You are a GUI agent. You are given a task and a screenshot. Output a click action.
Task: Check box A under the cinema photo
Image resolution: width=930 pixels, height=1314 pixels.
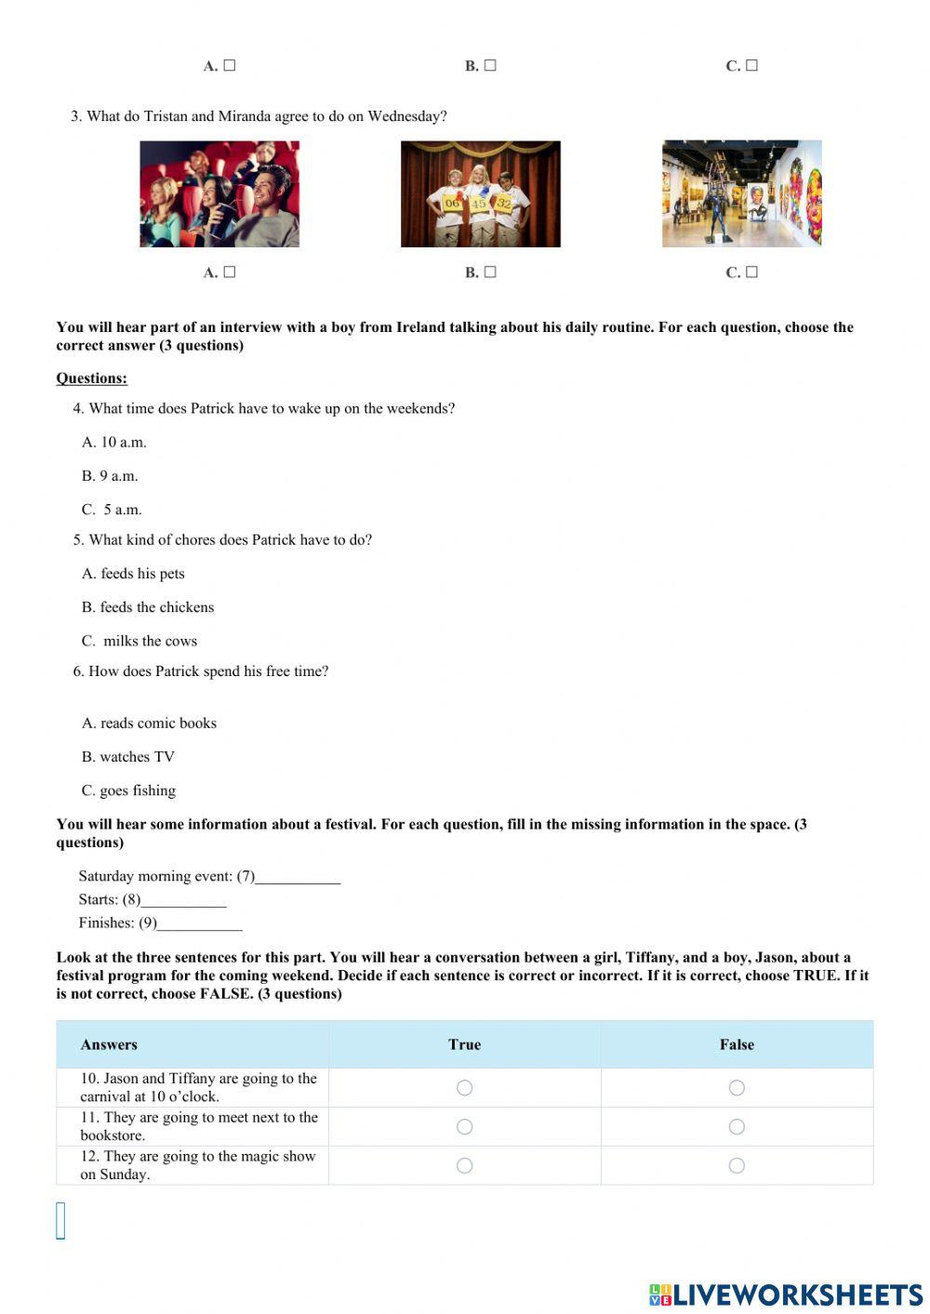pos(230,272)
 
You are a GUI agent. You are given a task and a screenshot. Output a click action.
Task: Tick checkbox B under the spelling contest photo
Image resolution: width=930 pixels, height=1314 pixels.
pos(490,272)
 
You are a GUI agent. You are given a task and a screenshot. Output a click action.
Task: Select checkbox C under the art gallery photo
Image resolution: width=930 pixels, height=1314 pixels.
pos(751,272)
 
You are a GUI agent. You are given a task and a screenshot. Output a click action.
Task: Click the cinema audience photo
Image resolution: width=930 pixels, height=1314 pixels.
pos(219,193)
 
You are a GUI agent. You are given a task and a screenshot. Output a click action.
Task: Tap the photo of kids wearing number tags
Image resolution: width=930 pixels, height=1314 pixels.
pos(480,193)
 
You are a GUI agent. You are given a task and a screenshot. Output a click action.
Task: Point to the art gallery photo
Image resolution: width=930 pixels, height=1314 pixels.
pos(741,193)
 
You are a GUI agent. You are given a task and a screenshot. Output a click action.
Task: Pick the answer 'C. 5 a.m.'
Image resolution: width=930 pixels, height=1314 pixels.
pos(112,510)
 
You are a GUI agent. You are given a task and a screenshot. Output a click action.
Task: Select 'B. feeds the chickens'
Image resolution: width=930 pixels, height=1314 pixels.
pos(148,607)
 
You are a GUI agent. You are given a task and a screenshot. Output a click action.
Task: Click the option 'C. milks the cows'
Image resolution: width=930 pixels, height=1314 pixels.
pos(139,641)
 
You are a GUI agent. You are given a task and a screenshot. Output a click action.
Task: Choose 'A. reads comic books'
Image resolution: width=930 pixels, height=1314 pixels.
pos(149,723)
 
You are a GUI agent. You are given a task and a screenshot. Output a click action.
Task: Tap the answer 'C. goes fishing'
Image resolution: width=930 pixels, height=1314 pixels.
pos(128,790)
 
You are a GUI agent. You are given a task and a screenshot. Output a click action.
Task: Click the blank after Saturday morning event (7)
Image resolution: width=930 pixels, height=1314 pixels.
pos(298,877)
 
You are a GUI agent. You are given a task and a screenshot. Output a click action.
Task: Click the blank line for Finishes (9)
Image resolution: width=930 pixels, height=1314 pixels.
pos(200,923)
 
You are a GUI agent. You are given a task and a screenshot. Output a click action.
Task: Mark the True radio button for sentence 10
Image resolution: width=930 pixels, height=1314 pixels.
pos(465,1087)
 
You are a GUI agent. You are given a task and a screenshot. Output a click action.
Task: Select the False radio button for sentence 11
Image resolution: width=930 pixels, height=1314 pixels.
pos(737,1126)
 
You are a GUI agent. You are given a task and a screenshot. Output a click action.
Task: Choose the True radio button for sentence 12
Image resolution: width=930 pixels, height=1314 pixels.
pos(465,1165)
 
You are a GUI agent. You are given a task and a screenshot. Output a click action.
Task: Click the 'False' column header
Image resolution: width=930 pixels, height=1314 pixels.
pos(737,1044)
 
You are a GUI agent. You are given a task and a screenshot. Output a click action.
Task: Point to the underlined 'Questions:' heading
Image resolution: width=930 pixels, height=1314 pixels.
pos(91,378)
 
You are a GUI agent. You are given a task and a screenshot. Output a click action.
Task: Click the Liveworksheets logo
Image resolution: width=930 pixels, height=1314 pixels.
pos(786,1294)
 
